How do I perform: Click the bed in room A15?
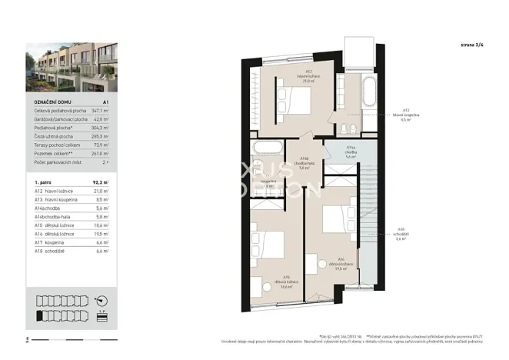pyautogui.click(x=268, y=245)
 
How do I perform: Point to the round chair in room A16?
pyautogui.click(x=313, y=262)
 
